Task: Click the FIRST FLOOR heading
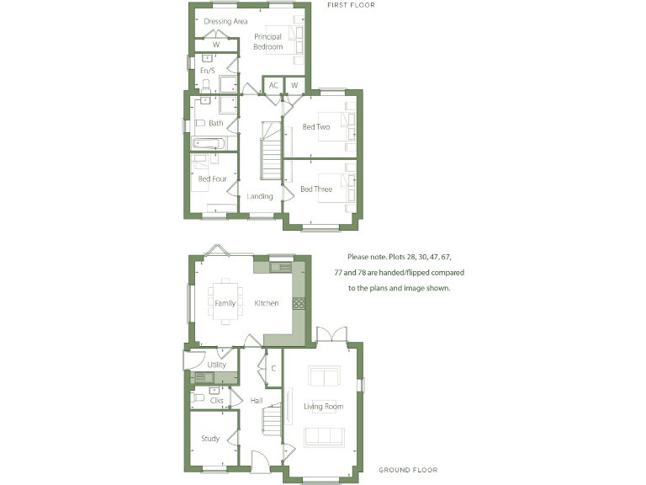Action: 351,5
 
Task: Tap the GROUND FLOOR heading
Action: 407,470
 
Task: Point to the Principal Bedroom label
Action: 267,41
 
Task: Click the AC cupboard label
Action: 273,86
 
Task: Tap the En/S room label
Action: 206,70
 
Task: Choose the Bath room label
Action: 216,124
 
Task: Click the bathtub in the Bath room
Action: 209,143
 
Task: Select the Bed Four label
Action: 212,179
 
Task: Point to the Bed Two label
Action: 316,127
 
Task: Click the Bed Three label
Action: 316,189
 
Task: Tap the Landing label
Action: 260,196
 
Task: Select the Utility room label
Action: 216,365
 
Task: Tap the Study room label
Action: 210,438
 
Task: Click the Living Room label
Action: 324,407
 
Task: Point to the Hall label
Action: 257,400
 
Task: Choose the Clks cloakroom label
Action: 216,400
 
